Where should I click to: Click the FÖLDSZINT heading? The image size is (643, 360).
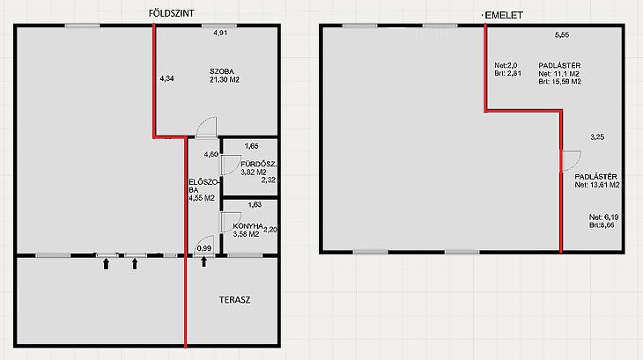tap(171, 13)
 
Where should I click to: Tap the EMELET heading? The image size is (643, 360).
tap(504, 16)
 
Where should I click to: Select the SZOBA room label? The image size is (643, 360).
tap(222, 71)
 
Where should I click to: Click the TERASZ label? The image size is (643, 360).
tap(234, 300)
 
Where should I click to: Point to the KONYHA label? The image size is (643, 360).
tap(248, 226)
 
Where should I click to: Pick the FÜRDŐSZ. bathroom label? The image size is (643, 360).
tap(259, 165)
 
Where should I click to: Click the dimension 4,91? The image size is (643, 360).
tap(220, 33)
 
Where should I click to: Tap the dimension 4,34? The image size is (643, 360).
tap(166, 78)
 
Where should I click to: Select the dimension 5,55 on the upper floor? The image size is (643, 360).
tap(562, 35)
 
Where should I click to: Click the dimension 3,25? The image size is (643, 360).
tap(597, 137)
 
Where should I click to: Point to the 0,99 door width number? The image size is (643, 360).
tap(204, 248)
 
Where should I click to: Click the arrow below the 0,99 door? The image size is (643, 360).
tap(203, 261)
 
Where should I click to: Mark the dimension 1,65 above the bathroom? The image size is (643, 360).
tap(251, 146)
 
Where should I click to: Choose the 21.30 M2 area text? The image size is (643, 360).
tap(225, 80)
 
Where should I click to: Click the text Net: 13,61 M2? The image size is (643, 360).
tap(597, 185)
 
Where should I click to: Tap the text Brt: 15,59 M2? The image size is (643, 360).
tap(559, 82)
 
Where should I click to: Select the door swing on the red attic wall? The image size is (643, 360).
tap(572, 160)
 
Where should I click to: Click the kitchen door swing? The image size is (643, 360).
tap(232, 223)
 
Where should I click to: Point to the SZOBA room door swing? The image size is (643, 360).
tap(206, 127)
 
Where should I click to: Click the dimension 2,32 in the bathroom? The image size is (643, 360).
tap(269, 180)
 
